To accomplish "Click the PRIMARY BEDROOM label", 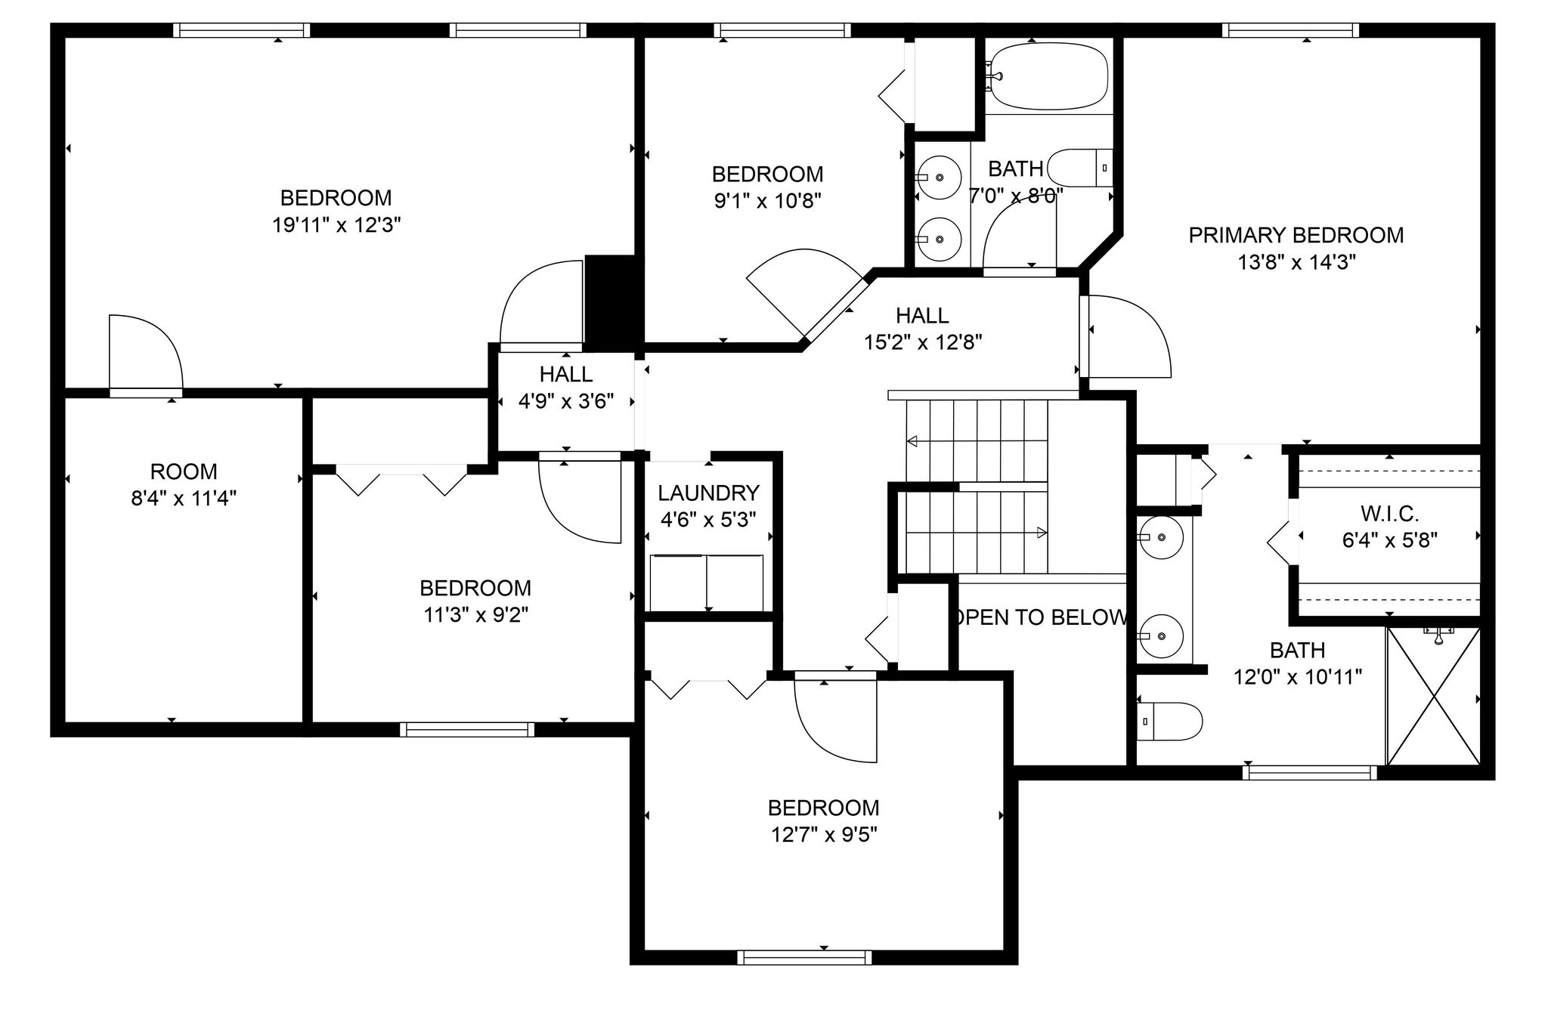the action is (1296, 235).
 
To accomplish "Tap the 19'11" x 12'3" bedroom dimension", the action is (336, 225).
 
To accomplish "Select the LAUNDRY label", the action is (708, 493).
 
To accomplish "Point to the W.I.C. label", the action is (1389, 514).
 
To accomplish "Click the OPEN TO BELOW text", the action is (1041, 617).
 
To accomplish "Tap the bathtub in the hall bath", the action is (1049, 76).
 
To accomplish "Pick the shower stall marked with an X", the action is (1434, 696).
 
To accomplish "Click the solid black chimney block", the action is (613, 300).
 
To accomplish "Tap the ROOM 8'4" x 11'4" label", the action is (184, 485).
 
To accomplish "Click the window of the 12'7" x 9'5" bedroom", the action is (804, 957).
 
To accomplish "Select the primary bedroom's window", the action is (1290, 30).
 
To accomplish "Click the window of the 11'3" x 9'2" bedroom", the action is (467, 729).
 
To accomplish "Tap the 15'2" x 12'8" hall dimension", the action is (923, 342).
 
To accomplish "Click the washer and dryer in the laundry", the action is (707, 583).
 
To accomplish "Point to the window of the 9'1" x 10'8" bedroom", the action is (782, 30).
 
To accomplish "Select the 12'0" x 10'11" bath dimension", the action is (1298, 677).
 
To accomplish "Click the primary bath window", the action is (1310, 772).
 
